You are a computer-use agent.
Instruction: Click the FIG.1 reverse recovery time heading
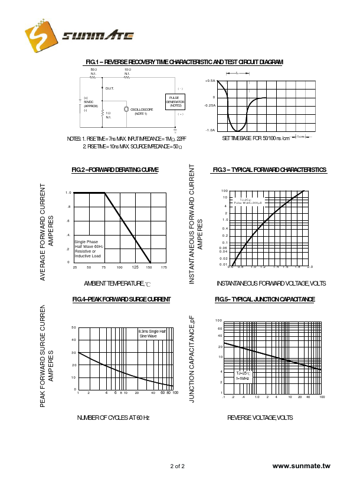(184, 62)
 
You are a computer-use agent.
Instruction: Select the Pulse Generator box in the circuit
(175, 101)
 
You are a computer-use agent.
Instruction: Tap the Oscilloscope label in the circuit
(142, 110)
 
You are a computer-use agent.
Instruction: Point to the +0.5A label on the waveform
(210, 81)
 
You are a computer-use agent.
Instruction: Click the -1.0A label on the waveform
(210, 130)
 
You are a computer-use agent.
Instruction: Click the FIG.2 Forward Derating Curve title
(114, 170)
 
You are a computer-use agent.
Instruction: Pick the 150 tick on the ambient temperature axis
(149, 267)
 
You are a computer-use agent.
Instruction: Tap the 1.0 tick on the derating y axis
(68, 193)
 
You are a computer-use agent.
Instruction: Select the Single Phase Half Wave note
(89, 249)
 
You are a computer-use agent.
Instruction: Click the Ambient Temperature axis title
(117, 284)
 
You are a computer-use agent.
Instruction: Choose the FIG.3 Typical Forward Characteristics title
(269, 170)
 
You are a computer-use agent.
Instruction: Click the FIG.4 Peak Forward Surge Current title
(121, 300)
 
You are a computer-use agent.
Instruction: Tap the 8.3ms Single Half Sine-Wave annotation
(152, 333)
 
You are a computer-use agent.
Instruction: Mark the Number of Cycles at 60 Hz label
(113, 418)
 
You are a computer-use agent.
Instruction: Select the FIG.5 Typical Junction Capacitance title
(264, 300)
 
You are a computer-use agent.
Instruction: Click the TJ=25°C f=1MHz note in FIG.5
(243, 376)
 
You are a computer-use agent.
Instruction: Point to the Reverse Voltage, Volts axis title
(260, 418)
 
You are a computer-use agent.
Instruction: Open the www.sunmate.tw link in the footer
(302, 466)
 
